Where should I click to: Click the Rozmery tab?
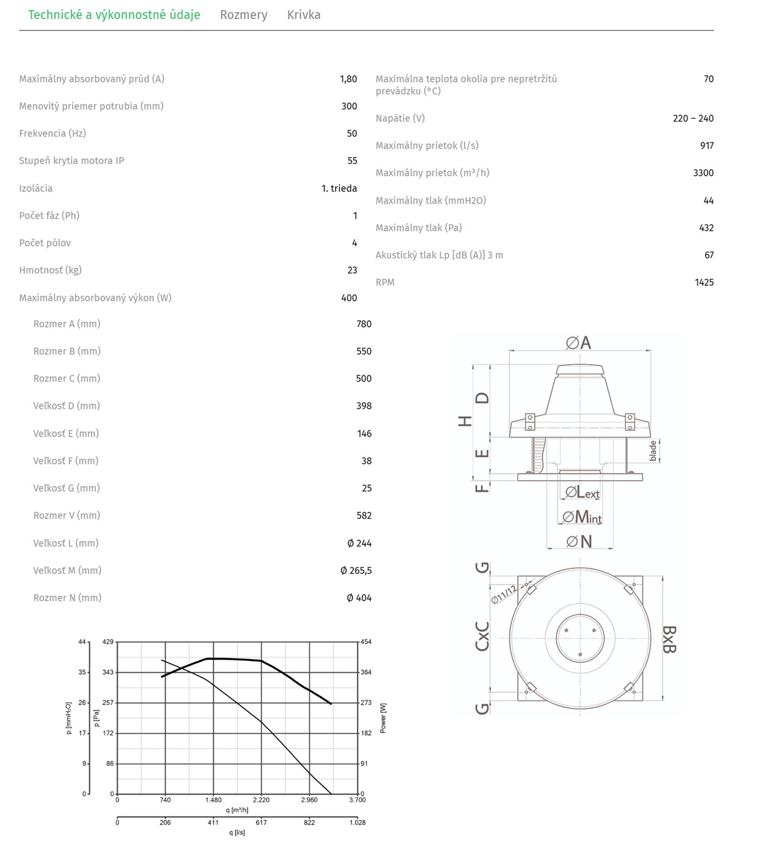coord(243,15)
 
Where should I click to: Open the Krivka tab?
coord(304,15)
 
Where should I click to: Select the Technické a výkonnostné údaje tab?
coord(114,15)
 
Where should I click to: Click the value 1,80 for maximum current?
coord(348,79)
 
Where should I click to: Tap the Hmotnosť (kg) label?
coord(50,270)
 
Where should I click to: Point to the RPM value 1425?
coord(704,282)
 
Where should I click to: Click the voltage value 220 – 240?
coord(693,118)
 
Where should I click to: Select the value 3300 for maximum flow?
coord(703,172)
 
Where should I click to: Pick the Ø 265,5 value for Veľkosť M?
coord(356,570)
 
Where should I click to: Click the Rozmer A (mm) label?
coord(66,323)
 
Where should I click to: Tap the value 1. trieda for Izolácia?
coord(339,188)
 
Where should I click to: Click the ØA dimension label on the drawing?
coord(578,342)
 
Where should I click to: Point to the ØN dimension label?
coord(579,541)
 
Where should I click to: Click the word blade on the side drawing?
coord(653,451)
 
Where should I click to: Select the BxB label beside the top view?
coord(669,638)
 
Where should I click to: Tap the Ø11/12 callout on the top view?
coord(504,594)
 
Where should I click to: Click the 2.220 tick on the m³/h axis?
coord(261,800)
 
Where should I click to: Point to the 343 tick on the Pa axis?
coord(108,672)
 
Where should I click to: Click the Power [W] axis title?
coord(383,718)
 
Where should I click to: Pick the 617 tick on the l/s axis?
coord(261,822)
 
